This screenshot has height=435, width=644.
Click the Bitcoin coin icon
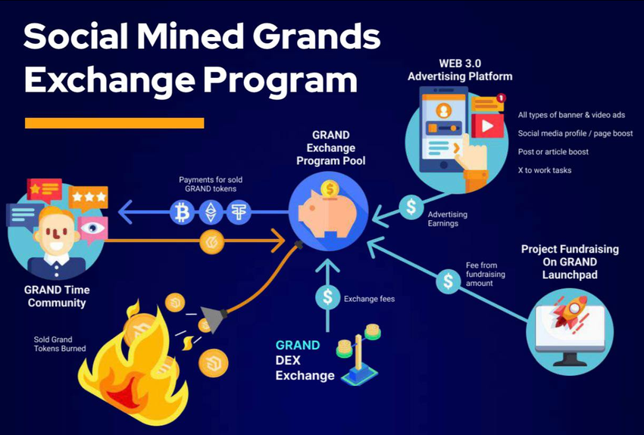(x=181, y=212)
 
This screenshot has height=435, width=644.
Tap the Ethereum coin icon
(x=211, y=212)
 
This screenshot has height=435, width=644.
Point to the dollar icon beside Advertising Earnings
(x=411, y=207)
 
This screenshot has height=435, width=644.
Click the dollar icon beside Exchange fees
(x=328, y=297)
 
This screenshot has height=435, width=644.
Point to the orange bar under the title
(x=114, y=123)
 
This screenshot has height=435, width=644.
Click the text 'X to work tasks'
(x=545, y=170)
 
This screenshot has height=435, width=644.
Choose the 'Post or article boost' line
(x=553, y=152)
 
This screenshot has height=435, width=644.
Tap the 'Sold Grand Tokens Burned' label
(x=60, y=344)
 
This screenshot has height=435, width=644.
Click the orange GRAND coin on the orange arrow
(x=211, y=243)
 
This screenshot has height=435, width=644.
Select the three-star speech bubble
(x=88, y=197)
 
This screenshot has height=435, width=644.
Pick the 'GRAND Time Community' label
(x=57, y=296)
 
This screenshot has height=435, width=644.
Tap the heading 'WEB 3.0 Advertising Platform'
(x=459, y=69)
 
